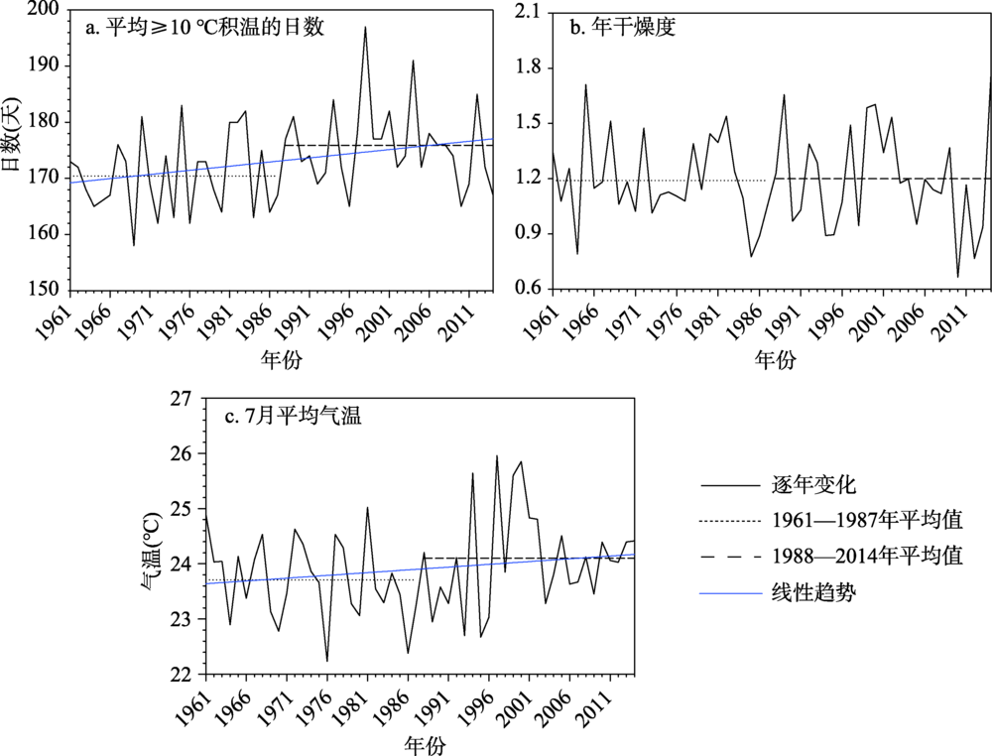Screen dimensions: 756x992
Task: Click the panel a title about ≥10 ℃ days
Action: pyautogui.click(x=204, y=28)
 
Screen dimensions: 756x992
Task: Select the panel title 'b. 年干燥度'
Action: pyautogui.click(x=622, y=28)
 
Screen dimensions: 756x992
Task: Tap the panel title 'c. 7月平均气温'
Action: pyautogui.click(x=292, y=417)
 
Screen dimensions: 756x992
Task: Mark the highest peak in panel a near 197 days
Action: pyautogui.click(x=365, y=27)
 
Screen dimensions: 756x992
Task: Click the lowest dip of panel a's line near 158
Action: pyautogui.click(x=134, y=245)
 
